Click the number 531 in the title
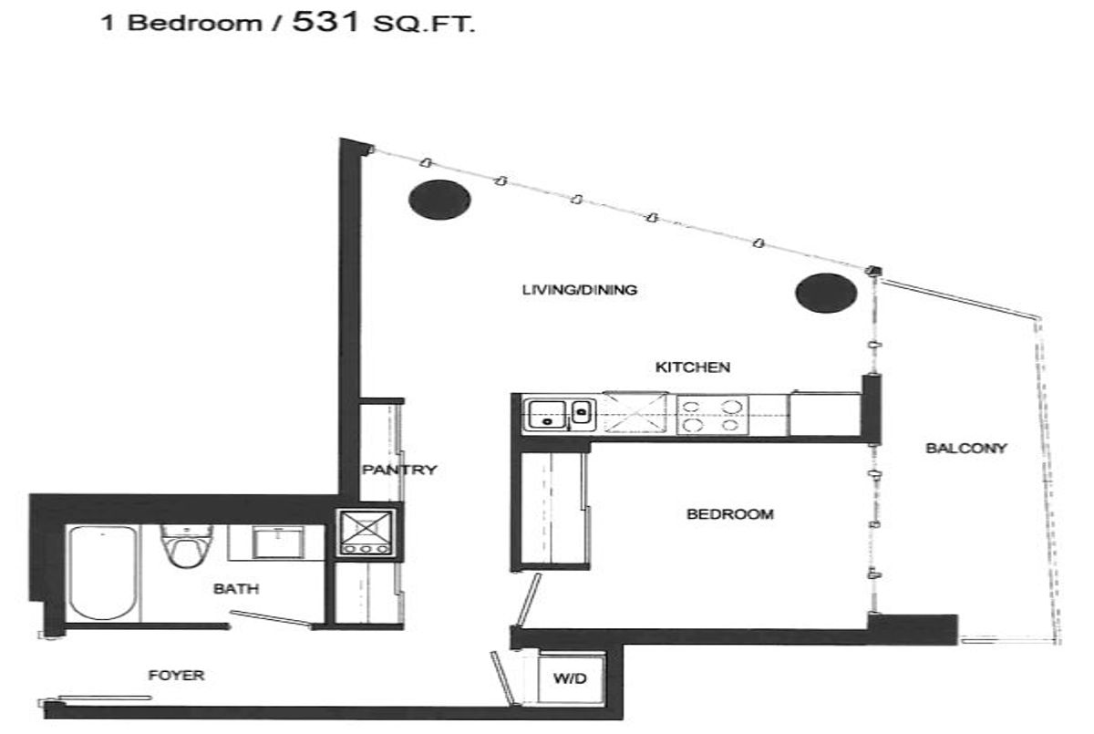pos(325,22)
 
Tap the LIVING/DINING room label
pos(580,290)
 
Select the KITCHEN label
pos(693,367)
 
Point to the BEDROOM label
pos(730,513)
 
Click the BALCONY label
pos(966,448)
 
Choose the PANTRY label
pos(399,470)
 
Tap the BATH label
pos(236,588)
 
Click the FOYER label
pos(176,675)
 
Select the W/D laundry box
pos(571,678)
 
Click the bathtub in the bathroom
pos(102,573)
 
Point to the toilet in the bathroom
pos(187,545)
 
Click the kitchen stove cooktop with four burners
pos(713,415)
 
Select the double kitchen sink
pos(559,416)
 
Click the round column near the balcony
pos(826,293)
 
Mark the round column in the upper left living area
pos(439,200)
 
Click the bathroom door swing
pos(272,618)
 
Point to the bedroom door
pos(529,600)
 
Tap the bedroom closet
pos(551,510)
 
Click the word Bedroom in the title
pos(194,23)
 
